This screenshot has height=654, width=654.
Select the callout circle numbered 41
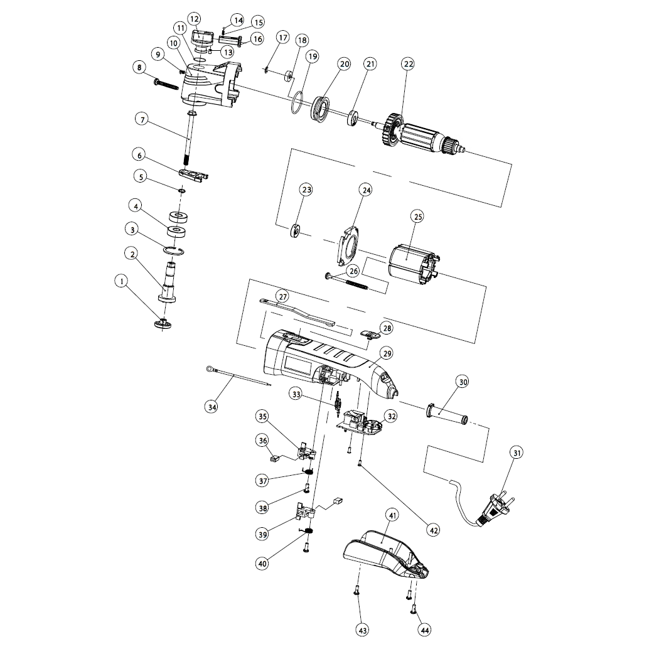(x=392, y=516)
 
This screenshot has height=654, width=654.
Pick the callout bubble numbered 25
(x=417, y=217)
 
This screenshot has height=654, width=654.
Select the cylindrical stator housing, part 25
(x=412, y=264)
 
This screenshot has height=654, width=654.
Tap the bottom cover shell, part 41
(x=386, y=552)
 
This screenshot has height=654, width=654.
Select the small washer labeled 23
(x=296, y=230)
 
